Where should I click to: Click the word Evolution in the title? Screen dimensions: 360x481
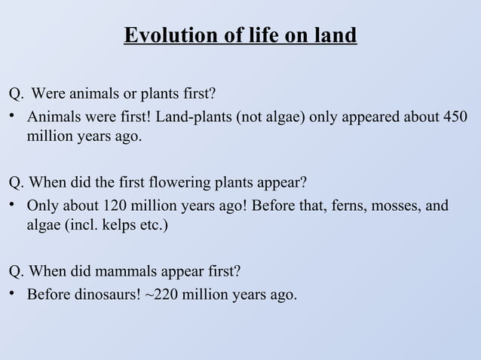(x=160, y=36)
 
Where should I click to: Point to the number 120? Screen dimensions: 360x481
(x=112, y=206)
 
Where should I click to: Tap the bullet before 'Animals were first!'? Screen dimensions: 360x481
(x=13, y=119)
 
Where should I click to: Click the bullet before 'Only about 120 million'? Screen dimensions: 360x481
(x=13, y=206)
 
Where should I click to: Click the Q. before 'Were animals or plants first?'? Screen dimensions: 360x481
(x=16, y=95)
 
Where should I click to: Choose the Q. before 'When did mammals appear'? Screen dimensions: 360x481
(x=16, y=271)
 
